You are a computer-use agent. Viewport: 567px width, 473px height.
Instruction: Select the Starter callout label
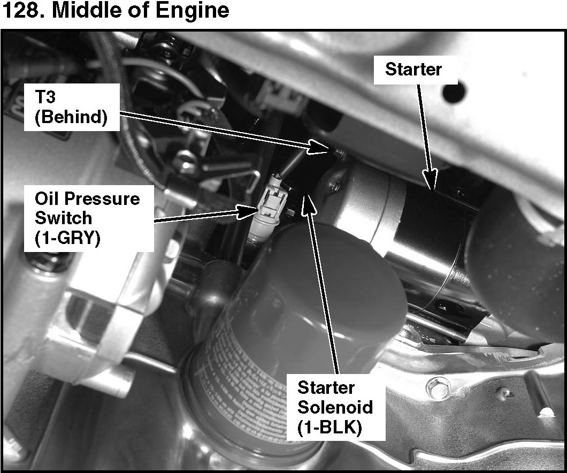pos(413,69)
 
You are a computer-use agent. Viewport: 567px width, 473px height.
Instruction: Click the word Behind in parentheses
pos(70,118)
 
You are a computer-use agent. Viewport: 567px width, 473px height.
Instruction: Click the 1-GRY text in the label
pos(67,238)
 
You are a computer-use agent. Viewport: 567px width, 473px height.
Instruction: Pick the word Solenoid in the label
pos(335,407)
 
